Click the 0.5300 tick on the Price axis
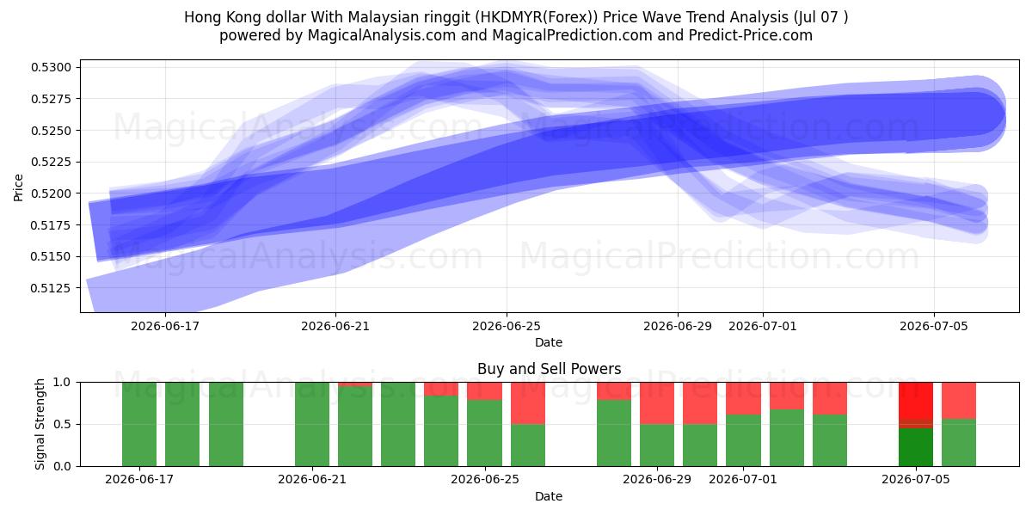[51, 67]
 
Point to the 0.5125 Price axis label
[51, 288]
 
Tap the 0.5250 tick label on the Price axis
[51, 131]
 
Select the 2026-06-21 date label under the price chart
[335, 326]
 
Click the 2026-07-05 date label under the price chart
[934, 326]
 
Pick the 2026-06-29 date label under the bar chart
[657, 479]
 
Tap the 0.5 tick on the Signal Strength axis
[62, 424]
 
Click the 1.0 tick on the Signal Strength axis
[62, 382]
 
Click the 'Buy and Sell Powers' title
[550, 369]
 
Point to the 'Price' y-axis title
[18, 187]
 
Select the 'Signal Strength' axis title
[40, 424]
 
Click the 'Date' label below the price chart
[549, 342]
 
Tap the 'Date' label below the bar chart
[549, 496]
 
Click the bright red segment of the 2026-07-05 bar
[915, 401]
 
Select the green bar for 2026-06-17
[139, 424]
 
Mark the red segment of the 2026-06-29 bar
[657, 403]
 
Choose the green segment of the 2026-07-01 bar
[743, 440]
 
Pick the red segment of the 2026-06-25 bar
[484, 390]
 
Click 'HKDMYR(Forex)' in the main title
[537, 17]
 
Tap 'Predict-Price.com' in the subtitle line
[751, 35]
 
